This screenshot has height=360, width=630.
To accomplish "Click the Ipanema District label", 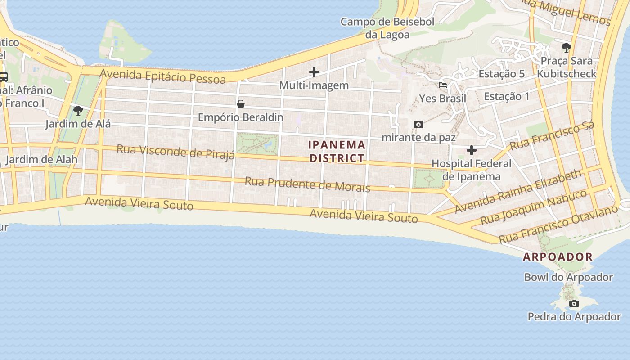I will pyautogui.click(x=337, y=151).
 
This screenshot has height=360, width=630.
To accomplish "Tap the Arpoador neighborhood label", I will pyautogui.click(x=558, y=257).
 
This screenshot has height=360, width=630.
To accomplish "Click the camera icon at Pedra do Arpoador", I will pyautogui.click(x=574, y=303).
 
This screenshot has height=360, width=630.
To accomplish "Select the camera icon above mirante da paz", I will pyautogui.click(x=418, y=124).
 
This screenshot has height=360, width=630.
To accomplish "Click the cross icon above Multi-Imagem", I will pyautogui.click(x=314, y=72).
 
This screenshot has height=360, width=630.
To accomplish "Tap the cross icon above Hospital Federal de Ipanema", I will pyautogui.click(x=472, y=150).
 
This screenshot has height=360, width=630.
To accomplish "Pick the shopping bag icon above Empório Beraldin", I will pyautogui.click(x=241, y=104).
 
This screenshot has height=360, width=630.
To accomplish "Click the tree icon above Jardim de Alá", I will pyautogui.click(x=78, y=110).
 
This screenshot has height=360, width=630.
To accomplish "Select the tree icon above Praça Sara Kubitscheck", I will pyautogui.click(x=567, y=47).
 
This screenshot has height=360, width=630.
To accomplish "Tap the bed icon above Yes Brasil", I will pyautogui.click(x=443, y=85).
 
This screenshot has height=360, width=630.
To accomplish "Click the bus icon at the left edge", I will pyautogui.click(x=4, y=76).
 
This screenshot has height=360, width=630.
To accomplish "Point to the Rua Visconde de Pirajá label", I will pyautogui.click(x=175, y=152).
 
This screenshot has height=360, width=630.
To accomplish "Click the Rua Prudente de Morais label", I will pyautogui.click(x=307, y=184).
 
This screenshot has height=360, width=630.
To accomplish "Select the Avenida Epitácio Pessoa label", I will pyautogui.click(x=163, y=76).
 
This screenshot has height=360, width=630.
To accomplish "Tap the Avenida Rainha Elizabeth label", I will pyautogui.click(x=518, y=192).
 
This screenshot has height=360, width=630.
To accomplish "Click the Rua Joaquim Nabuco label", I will pyautogui.click(x=534, y=207).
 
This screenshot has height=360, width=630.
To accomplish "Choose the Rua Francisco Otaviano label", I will pyautogui.click(x=558, y=224).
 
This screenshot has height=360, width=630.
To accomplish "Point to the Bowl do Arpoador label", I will pyautogui.click(x=568, y=277).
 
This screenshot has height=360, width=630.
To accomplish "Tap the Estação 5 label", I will pyautogui.click(x=501, y=74).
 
